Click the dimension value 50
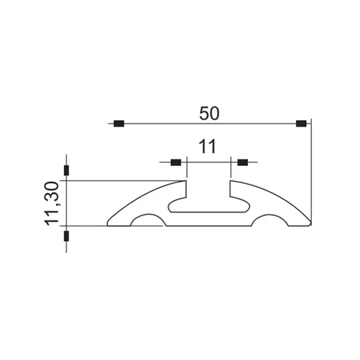coord(209,113)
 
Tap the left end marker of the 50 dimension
coord(119,123)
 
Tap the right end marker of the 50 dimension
coord(301,123)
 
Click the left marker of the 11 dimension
coord(176,162)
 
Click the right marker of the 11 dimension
coord(242,162)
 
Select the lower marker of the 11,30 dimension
coord(66,236)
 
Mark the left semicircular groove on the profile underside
coord(146,221)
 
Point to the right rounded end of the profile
coord(309,223)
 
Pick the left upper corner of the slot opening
coord(186,181)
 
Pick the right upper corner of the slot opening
coord(231,181)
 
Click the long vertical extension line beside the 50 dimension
coord(311,173)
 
